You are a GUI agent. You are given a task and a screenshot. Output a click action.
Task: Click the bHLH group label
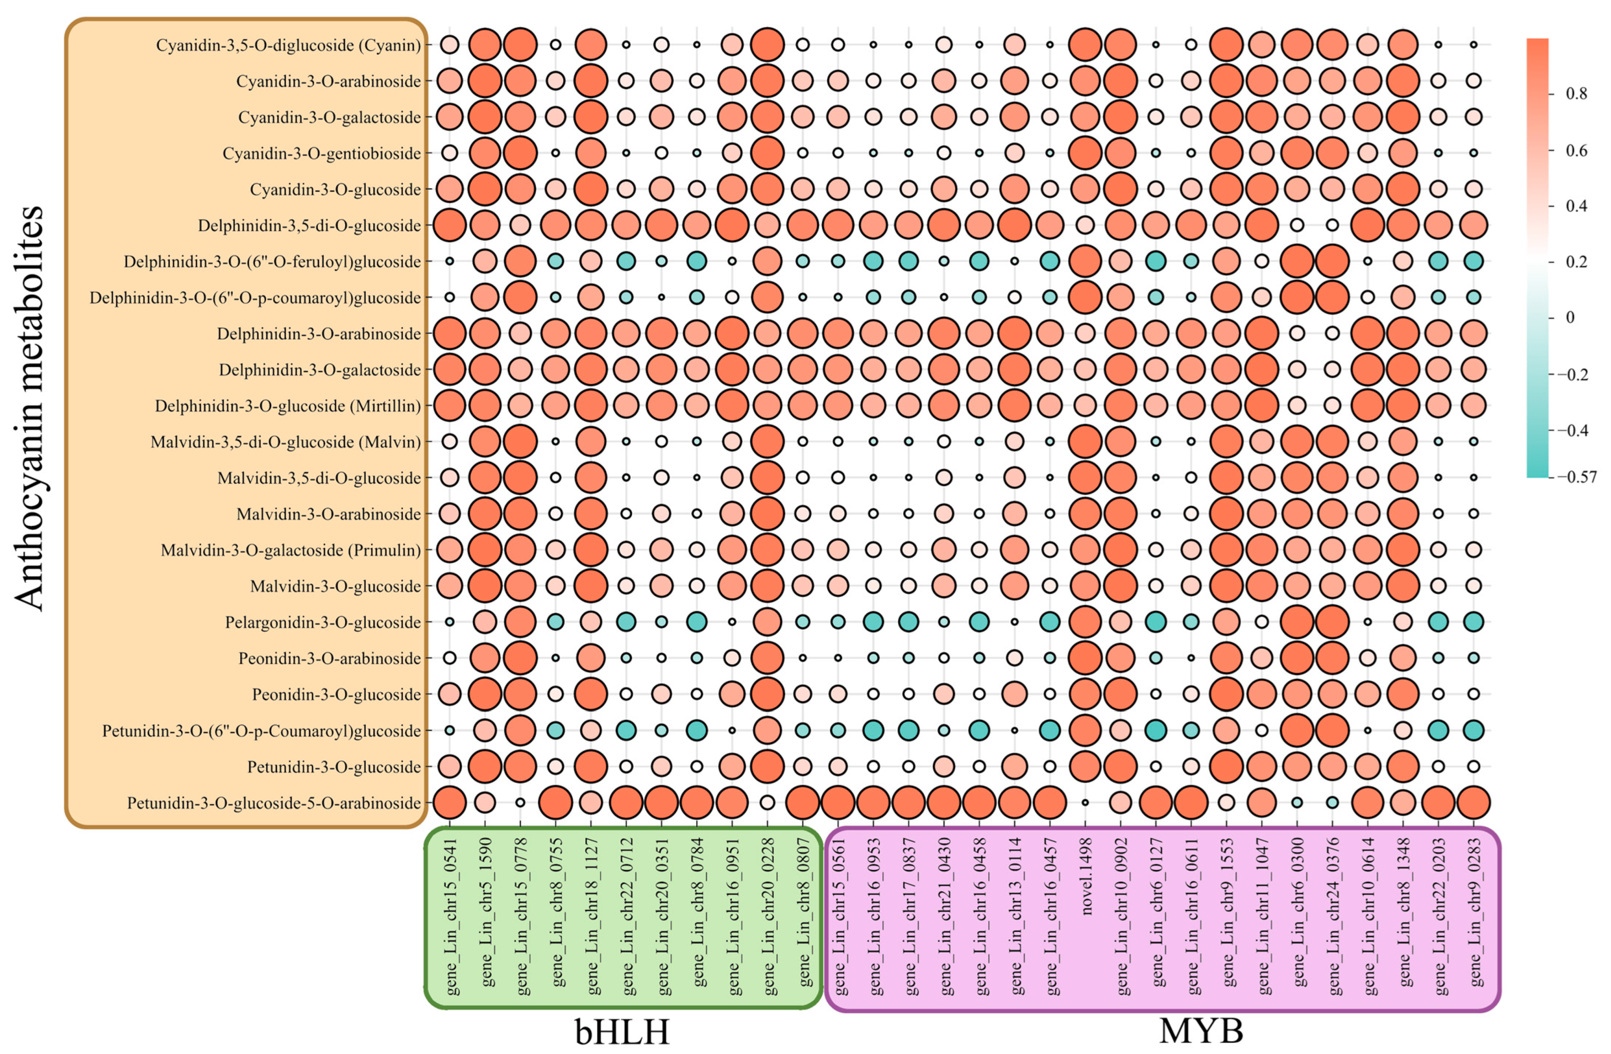622,1032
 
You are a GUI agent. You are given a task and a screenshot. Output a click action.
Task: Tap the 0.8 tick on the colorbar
1576,94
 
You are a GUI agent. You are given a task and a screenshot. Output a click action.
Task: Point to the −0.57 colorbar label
1578,477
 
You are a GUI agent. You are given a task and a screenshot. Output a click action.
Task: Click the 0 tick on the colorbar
1570,316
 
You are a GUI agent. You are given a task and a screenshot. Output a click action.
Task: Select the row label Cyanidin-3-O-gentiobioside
322,153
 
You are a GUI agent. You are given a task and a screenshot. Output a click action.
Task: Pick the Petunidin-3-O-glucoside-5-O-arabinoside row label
274,803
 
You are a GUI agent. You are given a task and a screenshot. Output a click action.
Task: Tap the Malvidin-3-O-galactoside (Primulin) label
291,550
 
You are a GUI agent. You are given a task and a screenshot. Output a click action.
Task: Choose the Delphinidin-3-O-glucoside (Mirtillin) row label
288,406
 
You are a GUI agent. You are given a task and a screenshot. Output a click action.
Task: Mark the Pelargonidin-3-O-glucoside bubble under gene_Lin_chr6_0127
1155,622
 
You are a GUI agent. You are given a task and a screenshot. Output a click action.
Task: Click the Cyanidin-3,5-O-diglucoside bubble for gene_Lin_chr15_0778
520,45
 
